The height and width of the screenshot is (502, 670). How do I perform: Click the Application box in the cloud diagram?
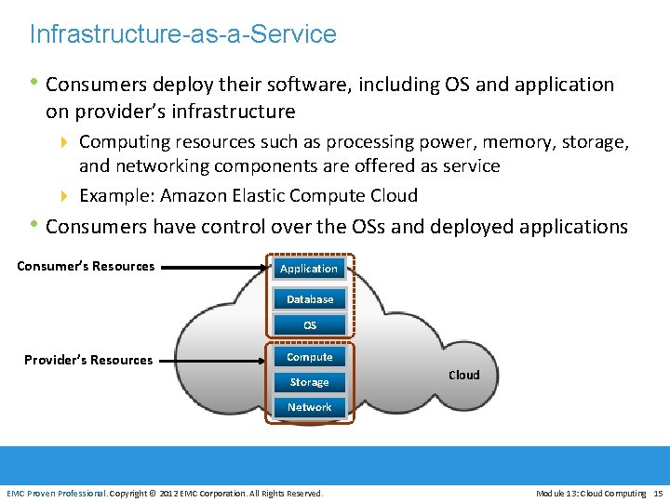click(x=309, y=269)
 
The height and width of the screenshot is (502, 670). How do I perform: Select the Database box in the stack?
click(x=310, y=299)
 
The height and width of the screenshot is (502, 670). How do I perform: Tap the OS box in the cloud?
click(x=310, y=325)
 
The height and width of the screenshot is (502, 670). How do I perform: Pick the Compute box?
click(x=310, y=357)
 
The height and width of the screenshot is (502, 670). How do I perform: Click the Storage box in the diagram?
click(x=309, y=382)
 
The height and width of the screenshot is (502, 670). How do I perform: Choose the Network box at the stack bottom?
click(x=310, y=407)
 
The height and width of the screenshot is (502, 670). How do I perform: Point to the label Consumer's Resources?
click(x=86, y=266)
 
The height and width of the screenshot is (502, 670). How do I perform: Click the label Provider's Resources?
click(x=88, y=360)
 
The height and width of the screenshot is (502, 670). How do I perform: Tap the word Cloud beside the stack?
click(x=464, y=375)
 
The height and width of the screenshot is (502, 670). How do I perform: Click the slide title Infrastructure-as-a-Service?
click(x=182, y=34)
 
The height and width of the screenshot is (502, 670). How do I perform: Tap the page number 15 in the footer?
click(x=658, y=493)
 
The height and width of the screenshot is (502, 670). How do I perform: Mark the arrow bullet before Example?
click(x=64, y=196)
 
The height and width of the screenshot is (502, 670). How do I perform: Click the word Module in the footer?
click(x=553, y=493)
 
